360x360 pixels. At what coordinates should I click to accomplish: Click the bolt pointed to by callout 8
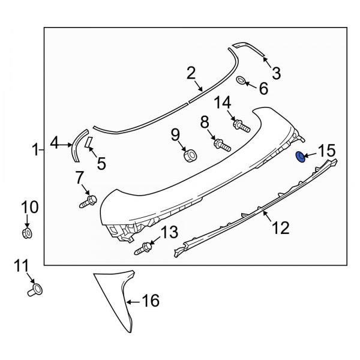click(221, 145)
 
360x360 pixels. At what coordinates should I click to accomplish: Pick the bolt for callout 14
click(242, 126)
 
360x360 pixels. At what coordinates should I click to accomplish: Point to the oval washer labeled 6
click(240, 81)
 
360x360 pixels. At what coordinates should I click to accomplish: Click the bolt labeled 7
click(88, 200)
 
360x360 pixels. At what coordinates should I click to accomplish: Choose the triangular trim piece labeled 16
click(117, 300)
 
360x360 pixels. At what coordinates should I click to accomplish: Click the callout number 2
click(191, 74)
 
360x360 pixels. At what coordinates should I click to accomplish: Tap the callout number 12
click(280, 227)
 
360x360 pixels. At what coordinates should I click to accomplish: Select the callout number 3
click(276, 73)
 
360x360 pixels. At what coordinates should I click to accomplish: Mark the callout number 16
click(151, 300)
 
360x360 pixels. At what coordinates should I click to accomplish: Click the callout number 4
click(54, 143)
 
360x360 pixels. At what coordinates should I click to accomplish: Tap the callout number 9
click(176, 134)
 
